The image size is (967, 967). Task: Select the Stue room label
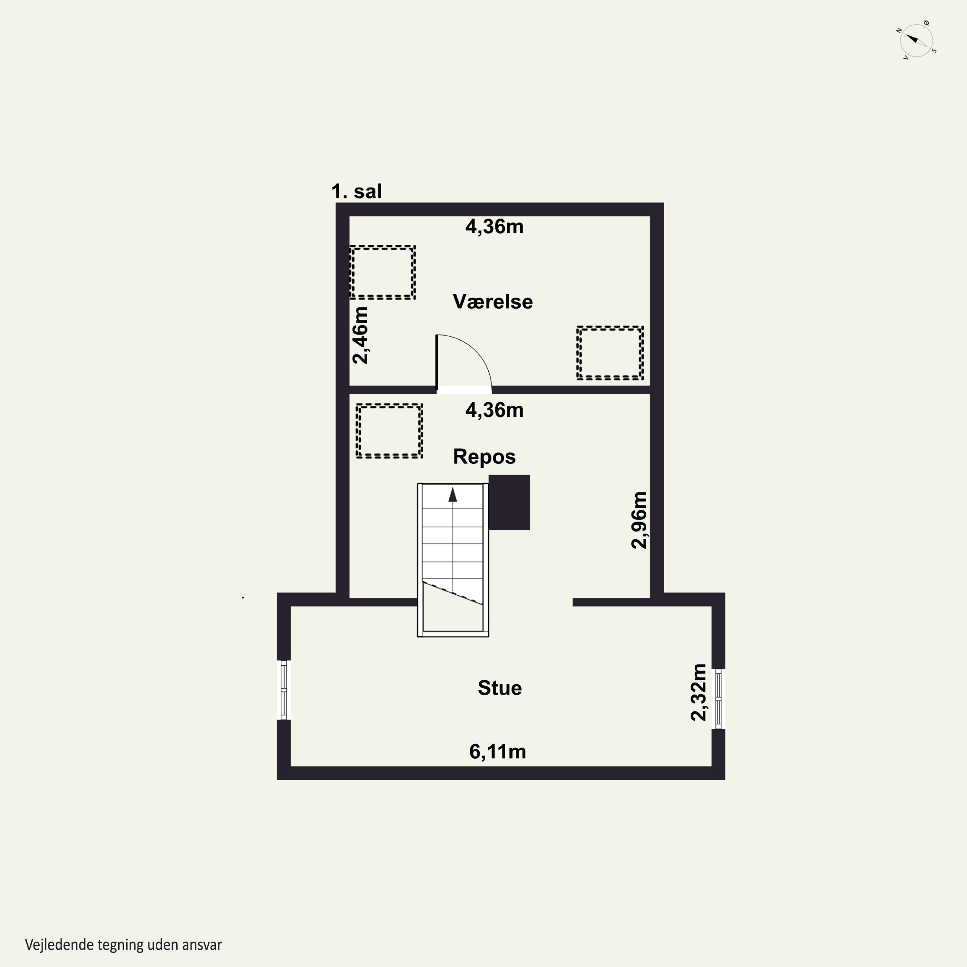tap(500, 688)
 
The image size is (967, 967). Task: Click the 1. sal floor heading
tap(357, 191)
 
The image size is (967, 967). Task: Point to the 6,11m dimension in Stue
tap(497, 751)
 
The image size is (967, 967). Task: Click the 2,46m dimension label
tap(360, 335)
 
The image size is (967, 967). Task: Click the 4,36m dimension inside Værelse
tap(494, 227)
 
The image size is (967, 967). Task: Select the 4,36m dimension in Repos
tap(494, 410)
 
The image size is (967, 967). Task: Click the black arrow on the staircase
tap(453, 494)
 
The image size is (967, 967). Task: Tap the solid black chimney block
tap(509, 502)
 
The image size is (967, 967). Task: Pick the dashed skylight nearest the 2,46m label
tap(382, 272)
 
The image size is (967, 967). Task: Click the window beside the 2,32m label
tap(718, 699)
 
